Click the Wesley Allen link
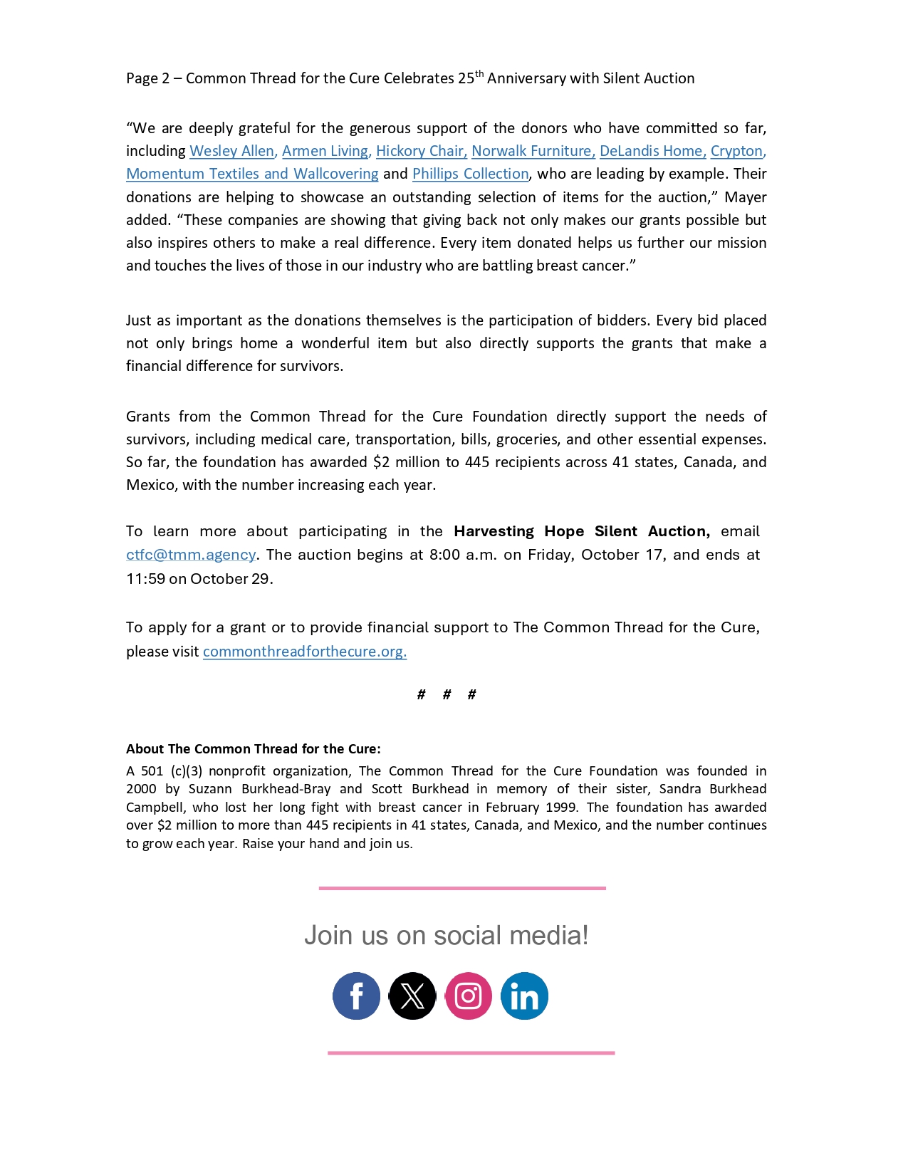[x=231, y=151]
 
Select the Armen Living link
[x=325, y=151]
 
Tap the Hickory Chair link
[x=421, y=151]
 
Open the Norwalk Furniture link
[x=533, y=151]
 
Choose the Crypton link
[x=736, y=151]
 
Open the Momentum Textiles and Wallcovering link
[x=252, y=174]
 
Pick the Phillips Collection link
[x=470, y=174]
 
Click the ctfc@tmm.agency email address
[x=191, y=555]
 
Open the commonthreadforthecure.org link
[x=304, y=652]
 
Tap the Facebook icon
[x=356, y=996]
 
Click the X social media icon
[x=412, y=996]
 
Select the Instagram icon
[x=468, y=996]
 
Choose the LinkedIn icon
[x=524, y=996]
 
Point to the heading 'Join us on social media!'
[x=447, y=935]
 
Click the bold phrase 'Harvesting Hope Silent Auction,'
[x=581, y=531]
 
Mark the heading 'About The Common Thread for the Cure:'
[x=253, y=748]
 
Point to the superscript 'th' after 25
[x=479, y=74]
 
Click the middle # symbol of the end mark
[x=447, y=694]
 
